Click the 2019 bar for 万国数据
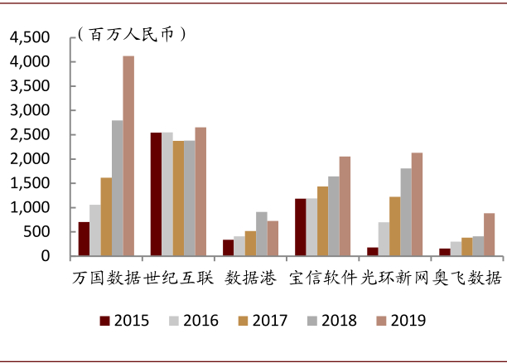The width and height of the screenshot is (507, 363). click(128, 156)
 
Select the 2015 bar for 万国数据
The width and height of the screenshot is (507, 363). click(84, 239)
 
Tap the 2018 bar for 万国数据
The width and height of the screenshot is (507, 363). click(118, 188)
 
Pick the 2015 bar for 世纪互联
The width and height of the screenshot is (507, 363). click(156, 194)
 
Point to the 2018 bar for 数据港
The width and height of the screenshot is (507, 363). click(262, 234)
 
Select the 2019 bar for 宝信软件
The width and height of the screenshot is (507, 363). click(345, 206)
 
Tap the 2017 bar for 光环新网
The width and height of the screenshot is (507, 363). click(394, 226)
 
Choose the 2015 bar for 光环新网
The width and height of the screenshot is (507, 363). click(372, 252)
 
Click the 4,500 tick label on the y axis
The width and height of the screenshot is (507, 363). click(30, 37)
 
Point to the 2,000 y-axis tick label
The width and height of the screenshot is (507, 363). click(30, 159)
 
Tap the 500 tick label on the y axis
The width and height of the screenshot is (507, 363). click(38, 232)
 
